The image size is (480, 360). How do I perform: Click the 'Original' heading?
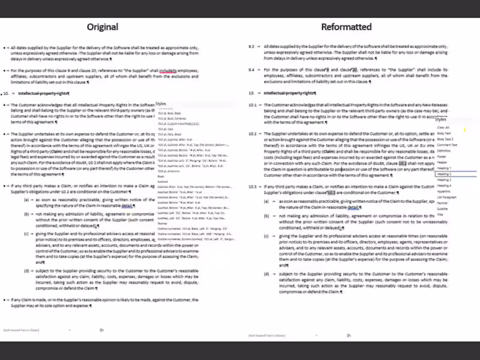point(103,27)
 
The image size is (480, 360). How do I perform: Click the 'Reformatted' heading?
point(346,27)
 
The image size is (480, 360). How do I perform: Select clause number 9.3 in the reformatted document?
point(252,46)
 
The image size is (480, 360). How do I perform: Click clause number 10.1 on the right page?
point(252,105)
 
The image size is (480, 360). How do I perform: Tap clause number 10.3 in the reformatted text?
point(252,188)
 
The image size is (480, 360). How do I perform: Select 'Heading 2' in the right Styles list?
point(445,174)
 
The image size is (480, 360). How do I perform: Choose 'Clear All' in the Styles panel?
point(443,127)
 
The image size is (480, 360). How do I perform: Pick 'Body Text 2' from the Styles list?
point(445,139)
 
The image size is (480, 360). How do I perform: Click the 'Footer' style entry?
point(442,157)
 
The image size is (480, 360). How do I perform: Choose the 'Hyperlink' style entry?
point(444,191)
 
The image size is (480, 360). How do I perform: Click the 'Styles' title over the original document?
point(161,104)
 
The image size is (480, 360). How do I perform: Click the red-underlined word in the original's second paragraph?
point(169,70)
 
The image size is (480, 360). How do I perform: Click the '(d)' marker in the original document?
point(26,271)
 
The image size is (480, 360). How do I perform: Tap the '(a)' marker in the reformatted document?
point(267,201)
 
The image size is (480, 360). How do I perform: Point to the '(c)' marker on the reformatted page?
point(267,236)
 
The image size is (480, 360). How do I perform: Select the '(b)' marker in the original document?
point(26,213)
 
